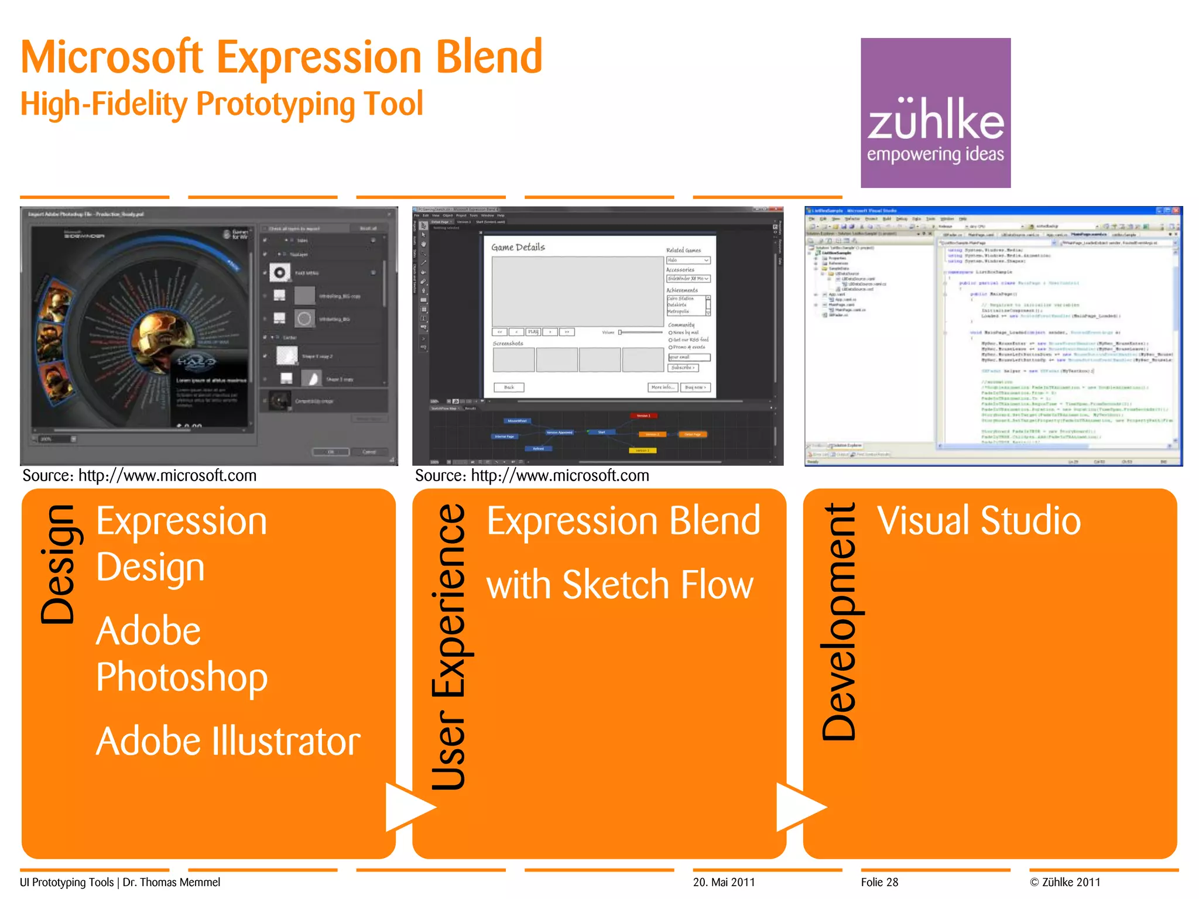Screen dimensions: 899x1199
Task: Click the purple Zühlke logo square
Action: (x=935, y=112)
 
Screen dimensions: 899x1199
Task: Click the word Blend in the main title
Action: (x=489, y=57)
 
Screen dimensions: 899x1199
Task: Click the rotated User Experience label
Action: (x=449, y=646)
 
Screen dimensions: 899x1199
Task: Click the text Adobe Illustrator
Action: (x=228, y=741)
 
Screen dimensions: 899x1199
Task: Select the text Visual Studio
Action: (x=978, y=520)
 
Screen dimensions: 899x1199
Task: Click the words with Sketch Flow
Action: (x=619, y=585)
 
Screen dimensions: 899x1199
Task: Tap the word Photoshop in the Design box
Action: (x=181, y=677)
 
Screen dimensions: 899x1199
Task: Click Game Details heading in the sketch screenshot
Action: (x=518, y=247)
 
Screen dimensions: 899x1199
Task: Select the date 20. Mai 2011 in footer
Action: (x=724, y=882)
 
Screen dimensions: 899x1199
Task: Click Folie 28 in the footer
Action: (x=879, y=882)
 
